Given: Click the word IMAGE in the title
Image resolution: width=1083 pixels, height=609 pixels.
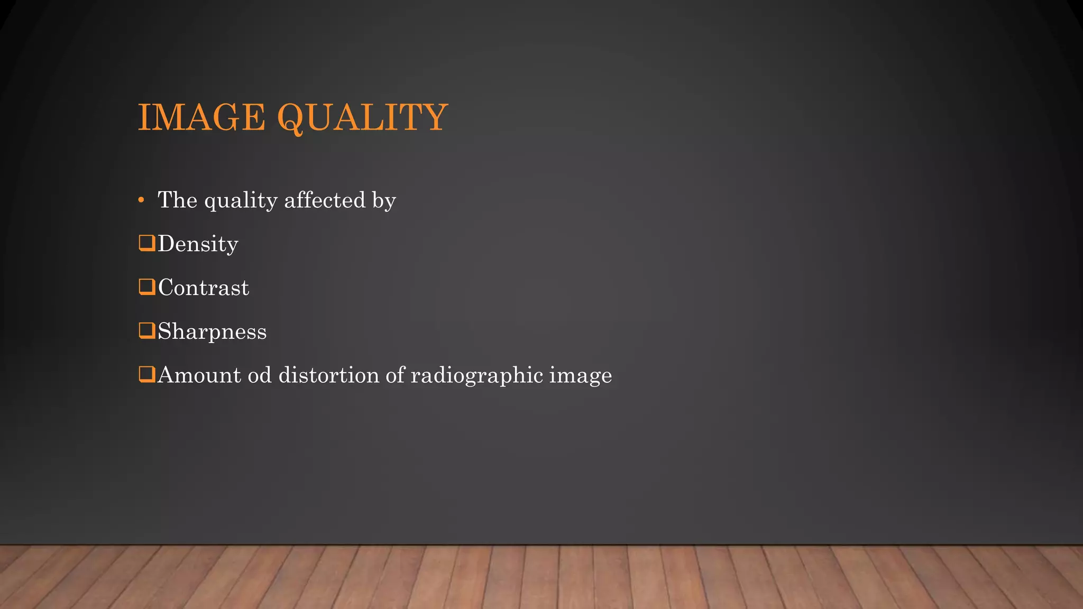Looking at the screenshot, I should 201,117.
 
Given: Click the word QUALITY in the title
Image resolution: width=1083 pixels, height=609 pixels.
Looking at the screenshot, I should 362,117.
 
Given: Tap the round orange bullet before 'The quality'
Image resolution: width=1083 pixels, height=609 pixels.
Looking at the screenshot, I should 141,200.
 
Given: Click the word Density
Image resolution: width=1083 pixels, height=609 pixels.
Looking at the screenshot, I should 198,244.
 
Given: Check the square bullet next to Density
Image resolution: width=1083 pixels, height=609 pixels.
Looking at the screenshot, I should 146,243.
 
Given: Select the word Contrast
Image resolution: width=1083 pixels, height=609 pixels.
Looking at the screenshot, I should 203,288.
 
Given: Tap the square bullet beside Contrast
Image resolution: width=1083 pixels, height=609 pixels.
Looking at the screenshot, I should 146,287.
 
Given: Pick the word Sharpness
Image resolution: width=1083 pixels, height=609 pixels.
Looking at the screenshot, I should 212,332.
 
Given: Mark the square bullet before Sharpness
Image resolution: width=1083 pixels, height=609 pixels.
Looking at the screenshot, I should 146,331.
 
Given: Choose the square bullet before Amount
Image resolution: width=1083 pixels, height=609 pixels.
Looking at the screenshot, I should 146,374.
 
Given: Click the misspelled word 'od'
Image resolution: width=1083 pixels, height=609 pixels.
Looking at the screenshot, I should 259,375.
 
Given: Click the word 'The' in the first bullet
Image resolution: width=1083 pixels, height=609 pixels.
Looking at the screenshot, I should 177,200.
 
